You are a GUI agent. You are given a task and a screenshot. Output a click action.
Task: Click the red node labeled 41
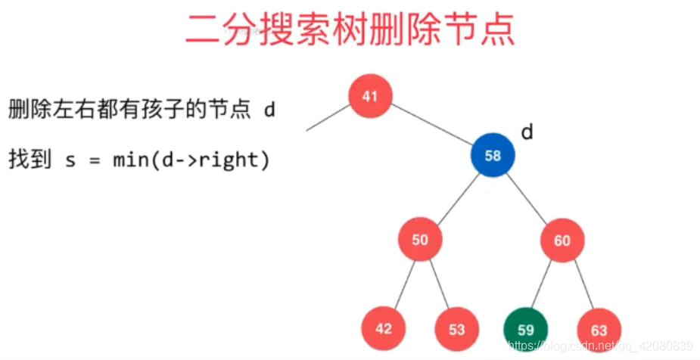pyautogui.click(x=369, y=96)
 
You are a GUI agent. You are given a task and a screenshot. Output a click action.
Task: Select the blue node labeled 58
pyautogui.click(x=493, y=155)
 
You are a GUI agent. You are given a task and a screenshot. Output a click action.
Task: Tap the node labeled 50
pyautogui.click(x=420, y=240)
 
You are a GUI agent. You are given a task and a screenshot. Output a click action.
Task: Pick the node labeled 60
pyautogui.click(x=562, y=241)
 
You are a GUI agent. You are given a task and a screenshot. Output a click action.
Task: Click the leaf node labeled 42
pyautogui.click(x=383, y=329)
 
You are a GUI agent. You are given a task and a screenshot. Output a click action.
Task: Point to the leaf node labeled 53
pyautogui.click(x=456, y=330)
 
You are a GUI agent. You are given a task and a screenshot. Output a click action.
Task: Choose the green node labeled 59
pyautogui.click(x=526, y=330)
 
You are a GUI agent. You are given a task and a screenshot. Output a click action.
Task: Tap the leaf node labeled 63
pyautogui.click(x=599, y=331)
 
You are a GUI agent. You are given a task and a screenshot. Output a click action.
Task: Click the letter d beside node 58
pyautogui.click(x=527, y=132)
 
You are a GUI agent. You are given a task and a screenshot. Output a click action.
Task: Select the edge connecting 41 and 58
pyautogui.click(x=431, y=126)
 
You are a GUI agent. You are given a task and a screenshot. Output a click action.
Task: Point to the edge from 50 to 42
pyautogui.click(x=402, y=284)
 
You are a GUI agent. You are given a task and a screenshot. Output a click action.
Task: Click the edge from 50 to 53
pyautogui.click(x=438, y=284)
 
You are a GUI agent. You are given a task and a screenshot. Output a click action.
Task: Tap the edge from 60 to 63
pyautogui.click(x=580, y=285)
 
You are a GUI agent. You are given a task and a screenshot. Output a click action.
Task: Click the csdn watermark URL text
pyautogui.click(x=602, y=346)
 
